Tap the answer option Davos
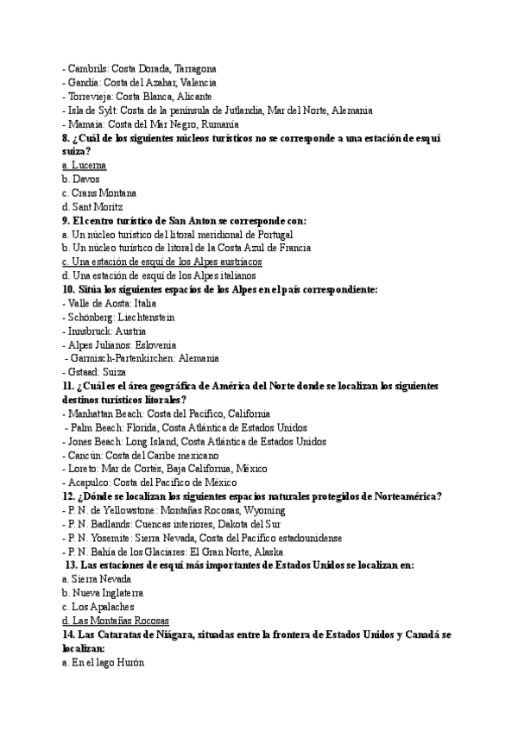[x=85, y=179]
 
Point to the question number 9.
[x=66, y=220]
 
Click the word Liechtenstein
[x=146, y=317]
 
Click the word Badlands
[x=110, y=524]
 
